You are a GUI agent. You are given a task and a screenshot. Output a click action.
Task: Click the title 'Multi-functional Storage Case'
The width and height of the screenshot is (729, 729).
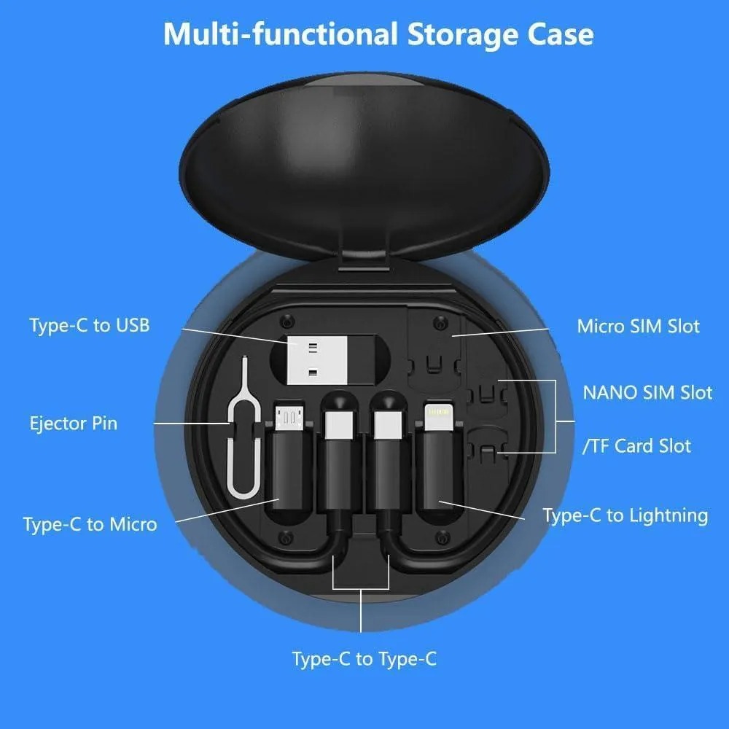coord(378,34)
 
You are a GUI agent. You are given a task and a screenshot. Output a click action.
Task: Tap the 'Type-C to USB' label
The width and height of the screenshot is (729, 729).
coord(90,325)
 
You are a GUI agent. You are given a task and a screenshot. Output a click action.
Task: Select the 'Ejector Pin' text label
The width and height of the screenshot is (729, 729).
coord(74,423)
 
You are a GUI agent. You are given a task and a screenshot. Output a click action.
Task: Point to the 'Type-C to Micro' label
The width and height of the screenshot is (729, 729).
coord(90,524)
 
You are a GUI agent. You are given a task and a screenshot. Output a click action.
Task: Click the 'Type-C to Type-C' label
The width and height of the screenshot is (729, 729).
coord(364,659)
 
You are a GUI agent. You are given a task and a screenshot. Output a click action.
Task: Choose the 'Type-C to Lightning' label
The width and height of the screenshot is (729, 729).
coord(625,515)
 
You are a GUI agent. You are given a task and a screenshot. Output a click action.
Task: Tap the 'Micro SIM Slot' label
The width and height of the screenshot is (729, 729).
coord(638,326)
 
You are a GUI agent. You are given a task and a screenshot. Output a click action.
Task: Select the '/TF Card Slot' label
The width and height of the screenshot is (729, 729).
coord(636,445)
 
